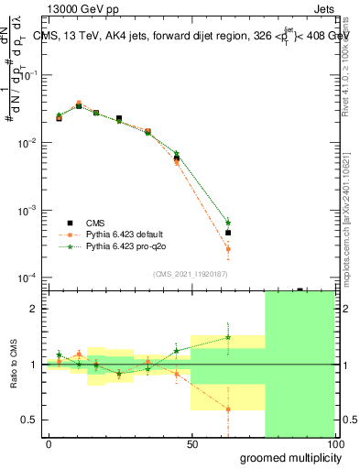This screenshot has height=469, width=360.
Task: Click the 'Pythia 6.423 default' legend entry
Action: click(x=125, y=234)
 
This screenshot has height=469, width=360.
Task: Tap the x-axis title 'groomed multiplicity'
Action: click(x=286, y=457)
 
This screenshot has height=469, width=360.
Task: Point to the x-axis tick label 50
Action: click(x=191, y=443)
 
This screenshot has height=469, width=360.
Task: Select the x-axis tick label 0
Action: click(x=49, y=443)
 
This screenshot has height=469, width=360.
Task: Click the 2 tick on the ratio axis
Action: click(x=33, y=309)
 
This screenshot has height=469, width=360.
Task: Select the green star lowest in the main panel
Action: click(x=228, y=223)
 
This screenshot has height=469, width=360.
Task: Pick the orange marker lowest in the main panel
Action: click(x=228, y=249)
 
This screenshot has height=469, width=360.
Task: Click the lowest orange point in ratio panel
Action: click(x=228, y=409)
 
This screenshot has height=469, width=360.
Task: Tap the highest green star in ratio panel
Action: click(x=228, y=337)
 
